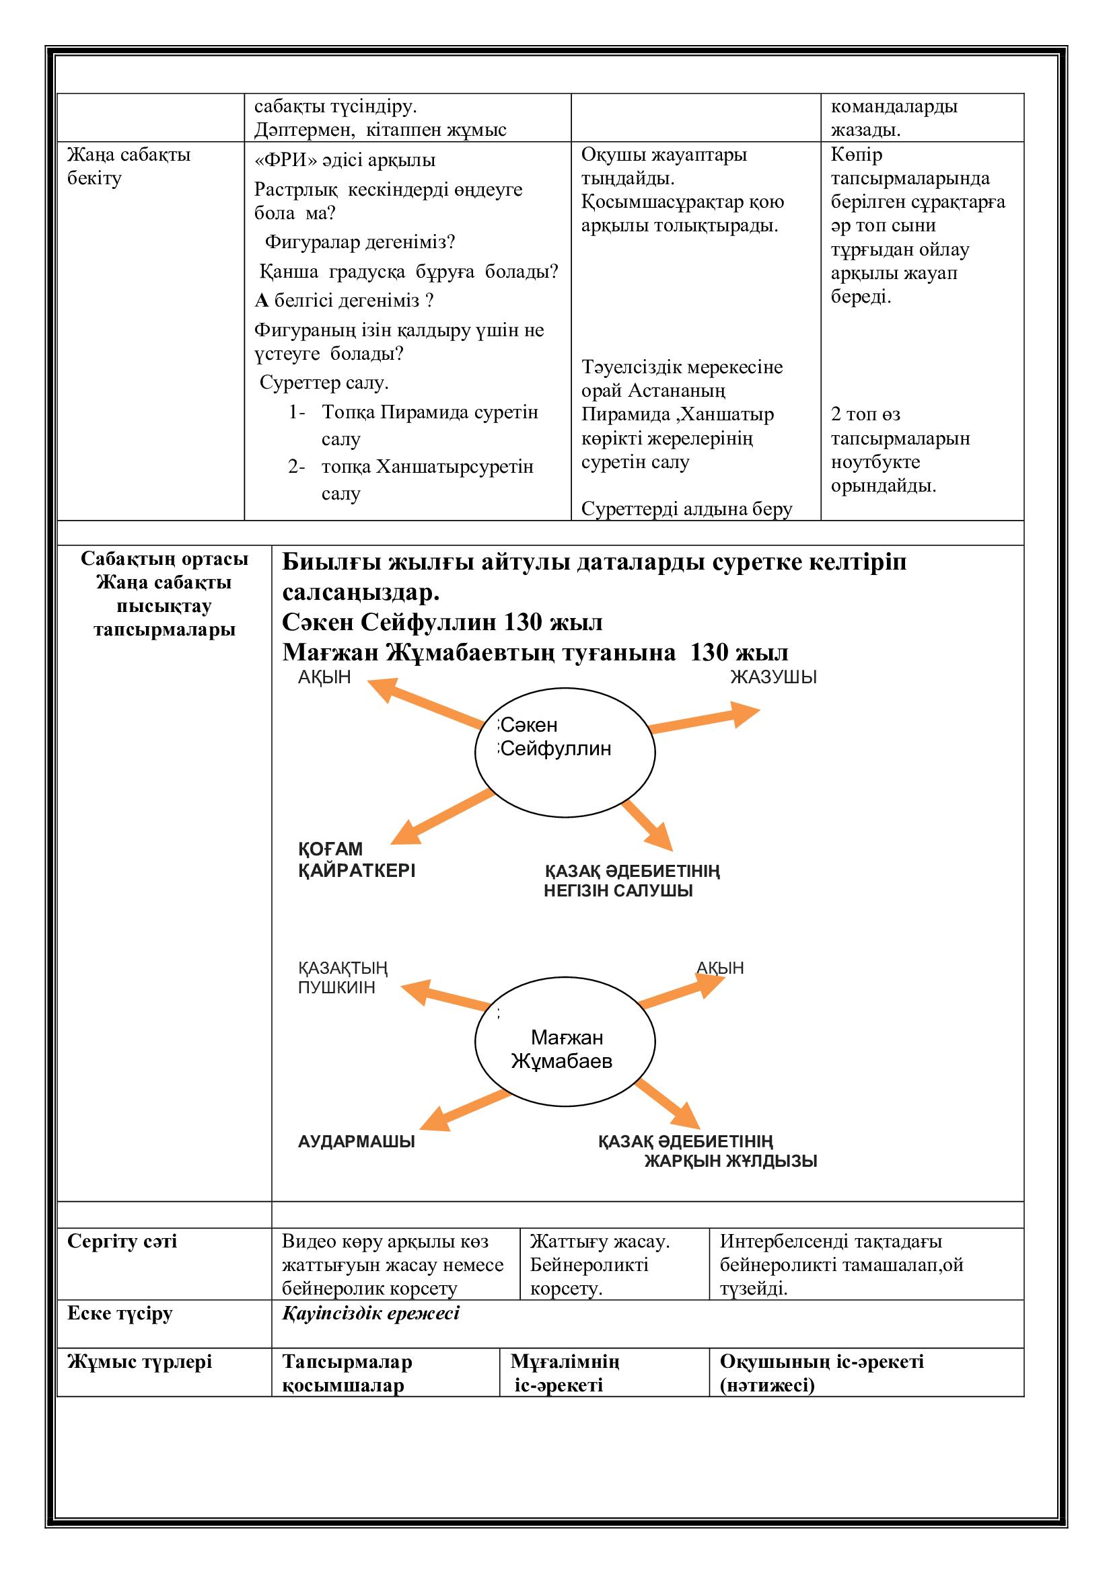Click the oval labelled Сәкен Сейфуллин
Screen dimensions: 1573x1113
coord(565,753)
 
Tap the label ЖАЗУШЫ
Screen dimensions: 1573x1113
coord(773,678)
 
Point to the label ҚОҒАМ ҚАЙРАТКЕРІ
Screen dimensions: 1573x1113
coord(357,860)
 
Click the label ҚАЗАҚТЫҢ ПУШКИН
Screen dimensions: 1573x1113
coord(342,978)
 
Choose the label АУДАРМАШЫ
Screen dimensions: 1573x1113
coord(357,1142)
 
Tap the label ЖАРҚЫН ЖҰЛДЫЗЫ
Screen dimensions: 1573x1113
coord(731,1161)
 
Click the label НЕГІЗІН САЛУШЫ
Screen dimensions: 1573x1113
coord(618,891)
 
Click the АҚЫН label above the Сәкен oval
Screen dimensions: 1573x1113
coord(324,678)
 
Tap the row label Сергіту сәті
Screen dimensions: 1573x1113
coord(122,1241)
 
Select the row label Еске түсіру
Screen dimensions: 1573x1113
coord(120,1313)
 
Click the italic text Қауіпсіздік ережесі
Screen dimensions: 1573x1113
coord(371,1313)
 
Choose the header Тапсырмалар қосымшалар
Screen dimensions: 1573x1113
coord(347,1374)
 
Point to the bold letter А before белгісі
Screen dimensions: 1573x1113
coord(261,301)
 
